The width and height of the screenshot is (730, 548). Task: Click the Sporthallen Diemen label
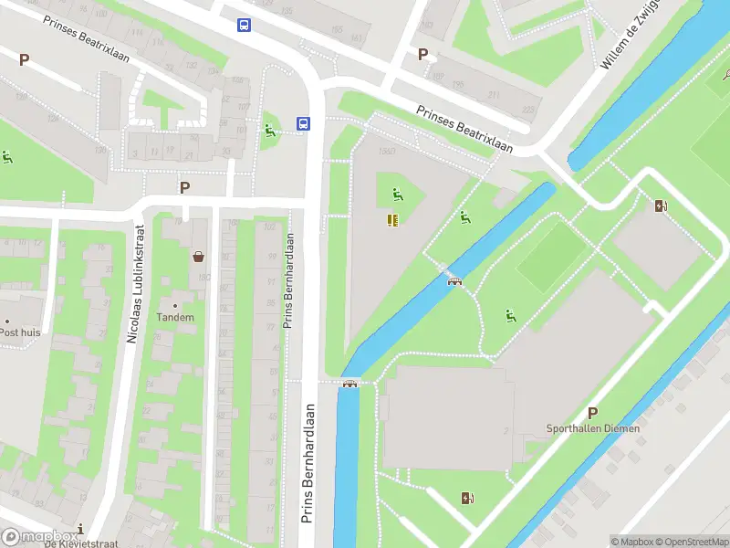[x=593, y=428]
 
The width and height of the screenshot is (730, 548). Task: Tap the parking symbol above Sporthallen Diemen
[x=592, y=413]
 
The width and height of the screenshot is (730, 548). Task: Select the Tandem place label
[x=175, y=318]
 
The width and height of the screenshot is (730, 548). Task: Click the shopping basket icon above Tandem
[x=198, y=257]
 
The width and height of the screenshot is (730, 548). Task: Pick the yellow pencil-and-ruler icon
[x=393, y=219]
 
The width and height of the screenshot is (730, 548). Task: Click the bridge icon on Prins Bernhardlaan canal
[x=348, y=384]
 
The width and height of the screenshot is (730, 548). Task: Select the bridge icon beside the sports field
[x=454, y=280]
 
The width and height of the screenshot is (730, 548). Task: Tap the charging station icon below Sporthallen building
[x=468, y=498]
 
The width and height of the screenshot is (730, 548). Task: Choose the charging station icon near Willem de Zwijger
[x=661, y=205]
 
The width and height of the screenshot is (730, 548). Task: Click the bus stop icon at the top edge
[x=244, y=26]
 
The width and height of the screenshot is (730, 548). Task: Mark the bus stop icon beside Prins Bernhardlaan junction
[x=302, y=124]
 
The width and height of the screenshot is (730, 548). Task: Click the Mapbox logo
[x=39, y=537]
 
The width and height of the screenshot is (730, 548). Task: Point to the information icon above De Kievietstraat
[x=81, y=529]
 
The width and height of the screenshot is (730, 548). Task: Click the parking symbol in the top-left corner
[x=25, y=59]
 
